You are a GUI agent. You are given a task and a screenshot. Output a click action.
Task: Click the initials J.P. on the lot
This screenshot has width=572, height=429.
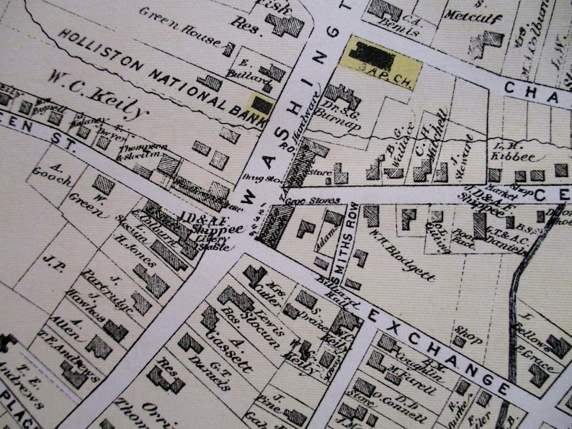pyautogui.click(x=54, y=261)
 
